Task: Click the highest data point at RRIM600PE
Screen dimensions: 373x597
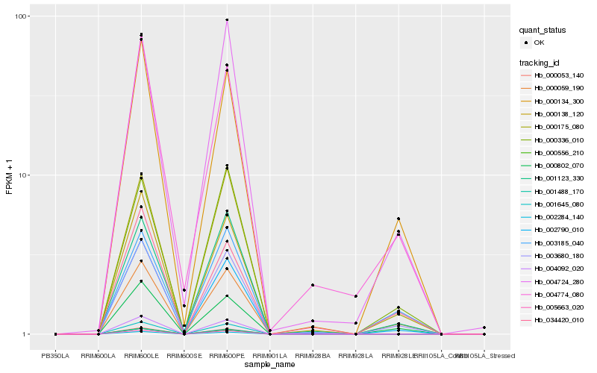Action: pyautogui.click(x=227, y=20)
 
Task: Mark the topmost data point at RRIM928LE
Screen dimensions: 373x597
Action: pyautogui.click(x=398, y=219)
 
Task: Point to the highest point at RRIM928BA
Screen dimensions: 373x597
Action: pyautogui.click(x=313, y=285)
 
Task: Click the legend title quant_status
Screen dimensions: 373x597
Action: pyautogui.click(x=545, y=30)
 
